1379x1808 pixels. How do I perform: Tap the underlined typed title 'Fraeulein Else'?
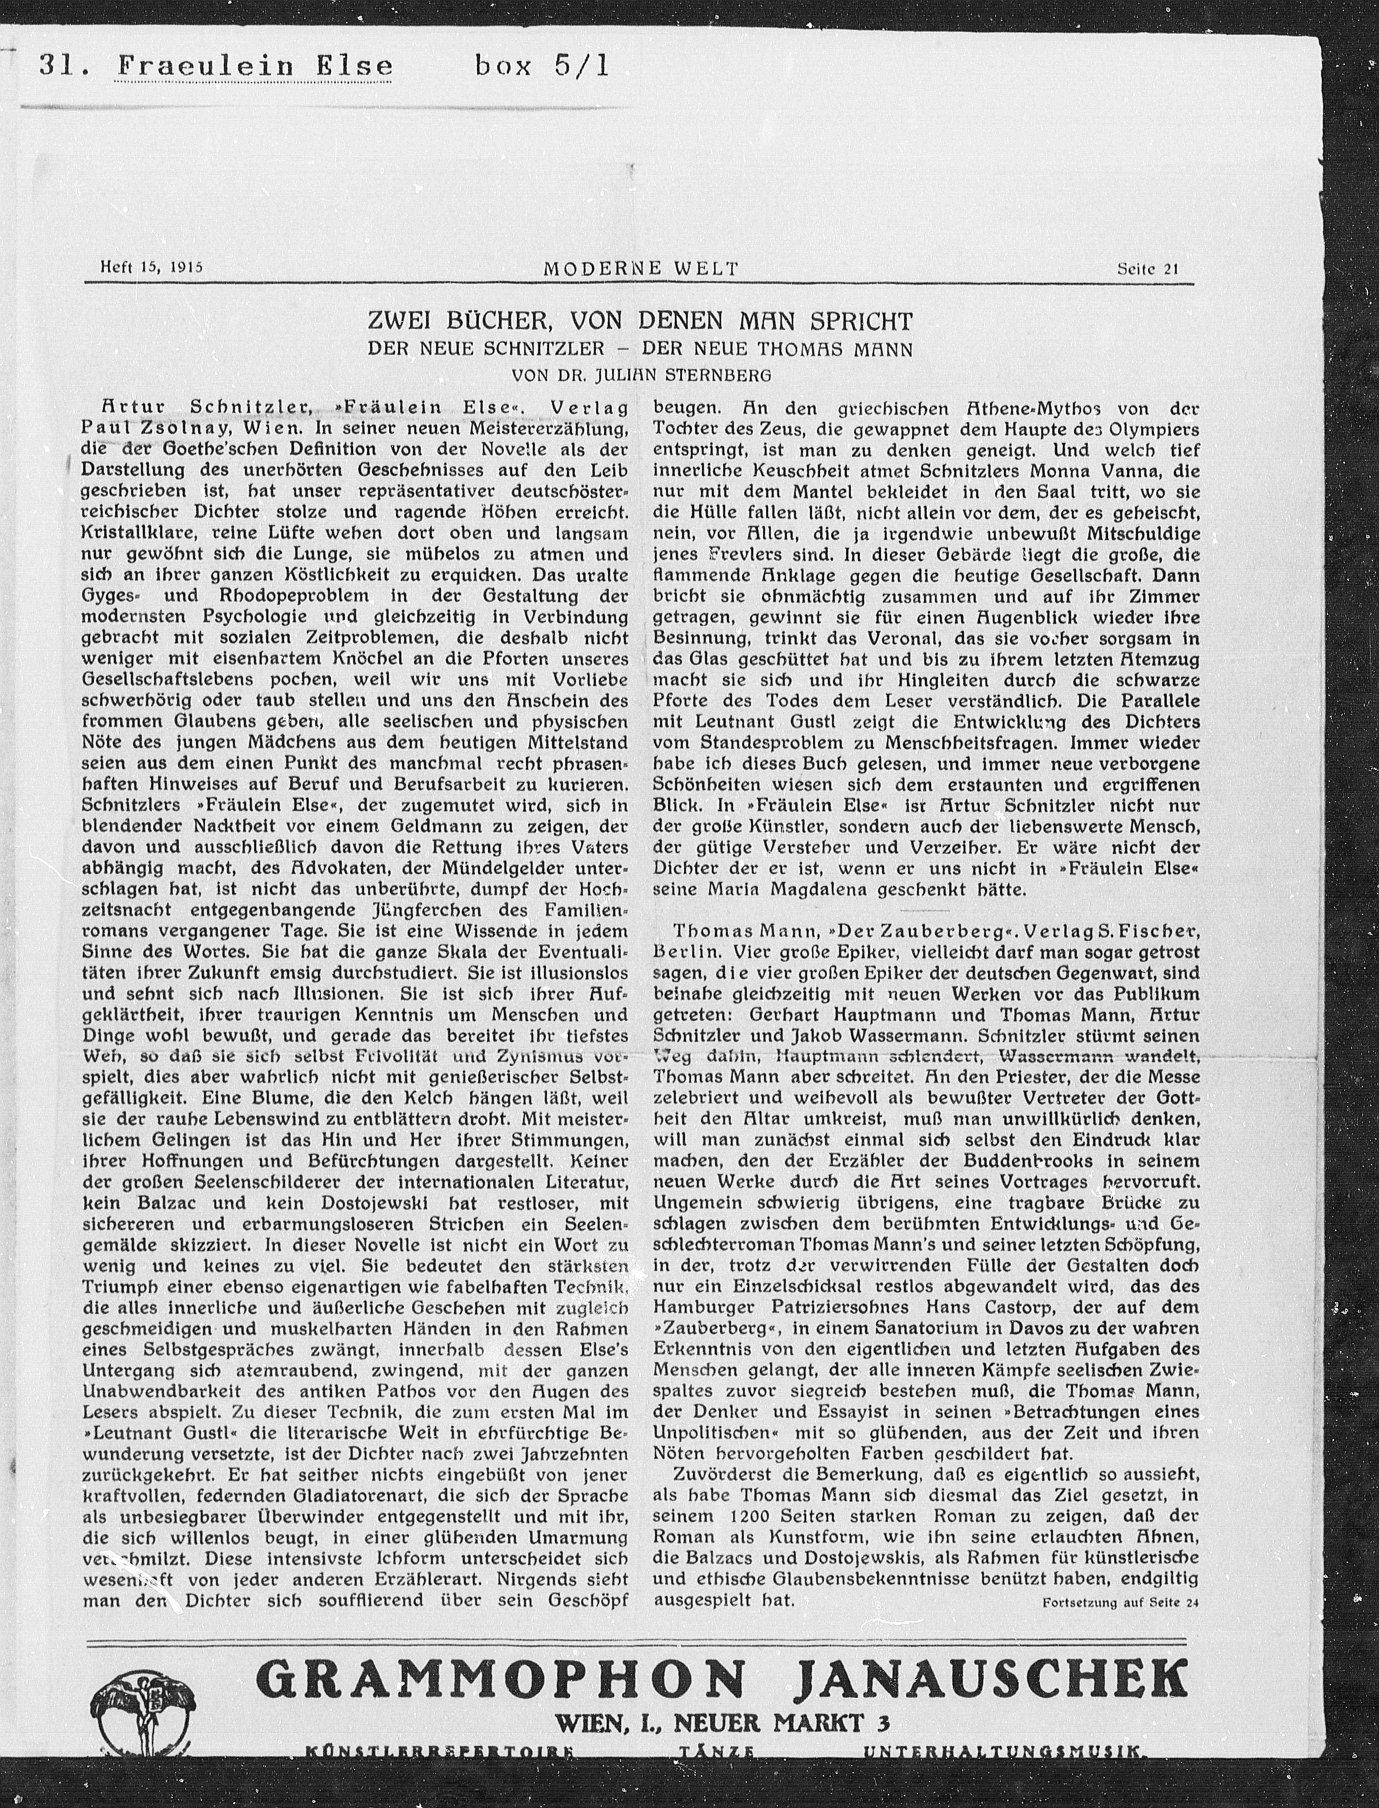tap(253, 66)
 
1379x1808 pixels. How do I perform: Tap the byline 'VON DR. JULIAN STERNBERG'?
tap(641, 376)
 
